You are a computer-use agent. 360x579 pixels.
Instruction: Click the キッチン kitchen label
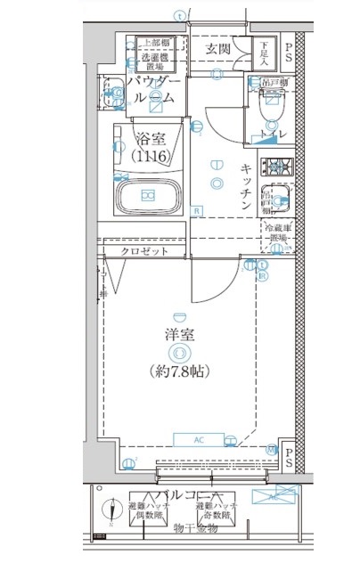pyautogui.click(x=247, y=187)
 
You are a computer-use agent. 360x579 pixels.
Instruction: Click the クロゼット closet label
pyautogui.click(x=144, y=251)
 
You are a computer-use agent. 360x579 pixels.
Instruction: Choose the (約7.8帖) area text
pyautogui.click(x=179, y=370)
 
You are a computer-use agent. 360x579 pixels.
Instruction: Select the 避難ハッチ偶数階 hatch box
pyautogui.click(x=146, y=509)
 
